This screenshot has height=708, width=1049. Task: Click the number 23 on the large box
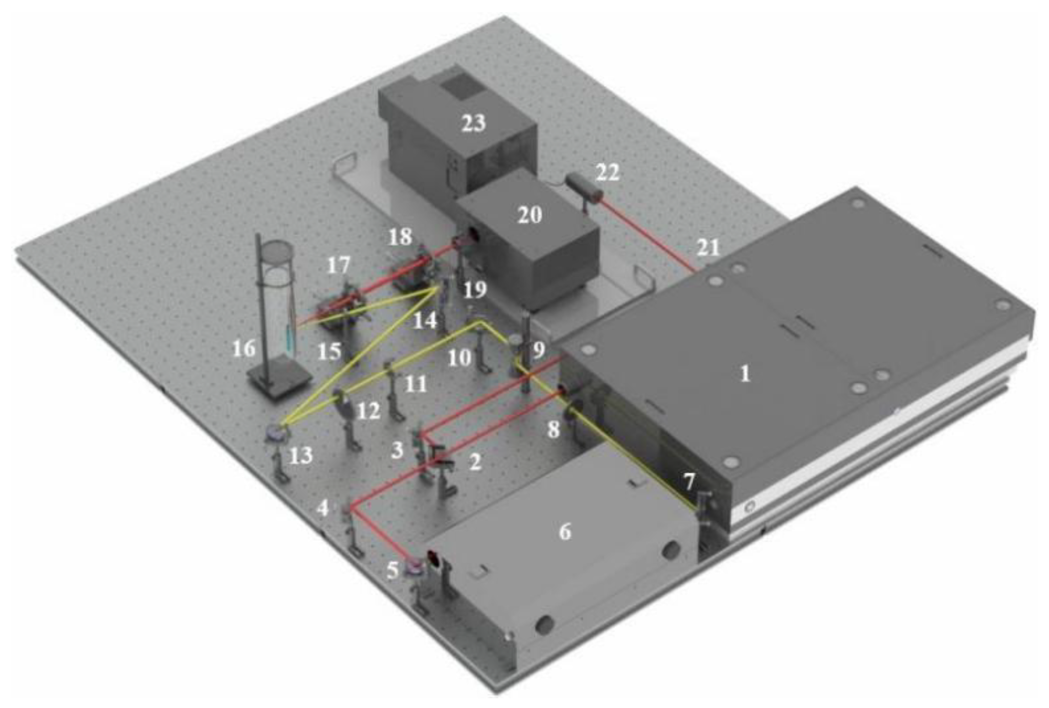pos(473,123)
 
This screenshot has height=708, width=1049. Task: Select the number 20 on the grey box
pos(529,215)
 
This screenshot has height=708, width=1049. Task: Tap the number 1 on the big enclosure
pos(745,374)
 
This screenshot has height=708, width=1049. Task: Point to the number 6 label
pos(565,532)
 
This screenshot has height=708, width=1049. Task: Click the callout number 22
pos(607,172)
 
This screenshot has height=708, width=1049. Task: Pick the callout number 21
pos(708,248)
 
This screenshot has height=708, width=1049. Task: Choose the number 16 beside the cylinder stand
pos(244,348)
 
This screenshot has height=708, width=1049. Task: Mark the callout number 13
pos(301,455)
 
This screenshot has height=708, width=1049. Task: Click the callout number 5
pos(392,571)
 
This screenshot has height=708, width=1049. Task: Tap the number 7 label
pos(689,482)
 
